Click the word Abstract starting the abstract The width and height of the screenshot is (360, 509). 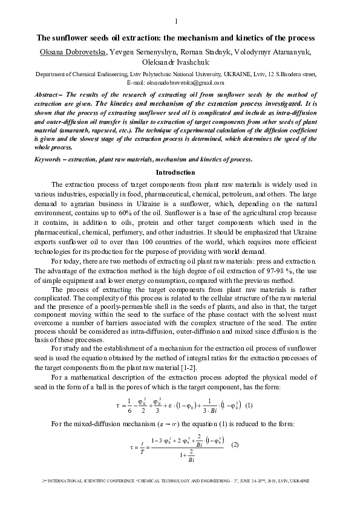tap(46, 95)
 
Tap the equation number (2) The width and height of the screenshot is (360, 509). tap(235, 445)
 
